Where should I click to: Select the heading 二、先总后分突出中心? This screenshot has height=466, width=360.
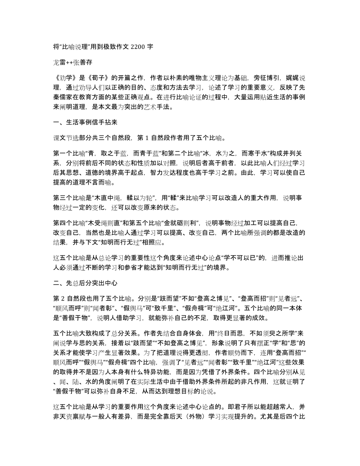(x=85, y=282)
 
